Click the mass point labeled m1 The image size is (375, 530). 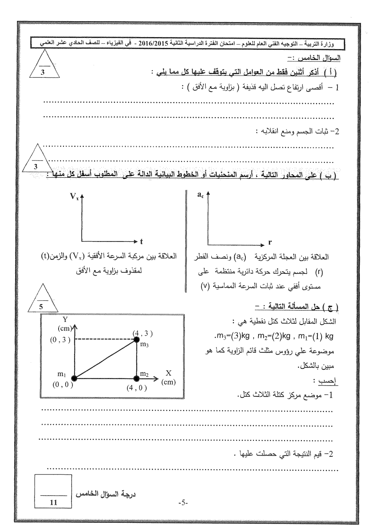(x=74, y=377)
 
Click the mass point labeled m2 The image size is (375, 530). (x=136, y=377)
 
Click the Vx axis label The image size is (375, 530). (x=74, y=196)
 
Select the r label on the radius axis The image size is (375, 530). (x=270, y=242)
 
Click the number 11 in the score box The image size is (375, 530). (x=53, y=502)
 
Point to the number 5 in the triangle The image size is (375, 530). (x=41, y=307)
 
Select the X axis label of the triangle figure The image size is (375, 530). (x=168, y=373)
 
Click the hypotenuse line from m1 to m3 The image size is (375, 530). (x=105, y=359)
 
